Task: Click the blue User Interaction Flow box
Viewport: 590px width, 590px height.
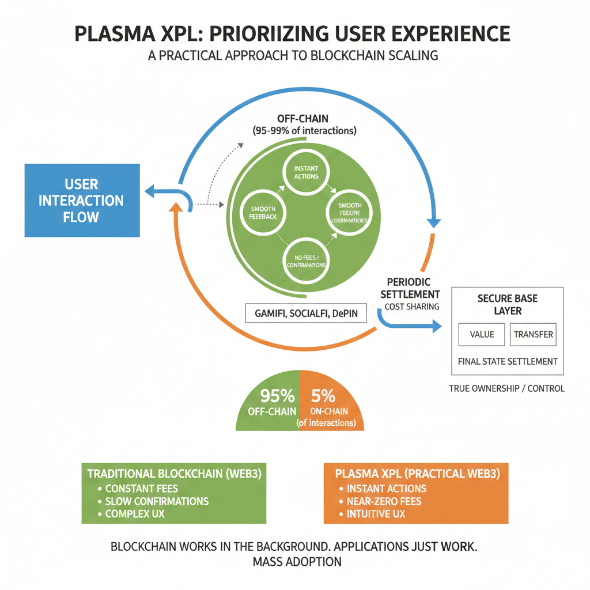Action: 82,201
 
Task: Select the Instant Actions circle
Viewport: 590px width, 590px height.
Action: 305,172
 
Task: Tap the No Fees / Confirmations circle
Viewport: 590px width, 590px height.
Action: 306,260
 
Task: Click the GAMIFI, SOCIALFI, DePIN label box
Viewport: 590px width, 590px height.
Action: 305,314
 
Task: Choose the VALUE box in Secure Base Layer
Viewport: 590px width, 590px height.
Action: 482,334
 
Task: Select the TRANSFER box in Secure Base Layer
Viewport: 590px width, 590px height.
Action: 533,334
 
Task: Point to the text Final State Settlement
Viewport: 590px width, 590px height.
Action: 507,362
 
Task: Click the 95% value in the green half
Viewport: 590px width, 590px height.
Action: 277,396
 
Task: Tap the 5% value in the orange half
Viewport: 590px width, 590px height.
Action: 323,396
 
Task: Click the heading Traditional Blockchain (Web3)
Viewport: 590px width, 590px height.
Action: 173,474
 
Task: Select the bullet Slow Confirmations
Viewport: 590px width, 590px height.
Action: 156,501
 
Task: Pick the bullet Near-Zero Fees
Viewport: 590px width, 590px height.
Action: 384,501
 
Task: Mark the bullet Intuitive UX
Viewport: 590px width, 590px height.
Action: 376,513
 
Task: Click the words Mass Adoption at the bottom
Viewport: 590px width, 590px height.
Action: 297,561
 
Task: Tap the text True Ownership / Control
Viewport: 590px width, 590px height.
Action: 506,388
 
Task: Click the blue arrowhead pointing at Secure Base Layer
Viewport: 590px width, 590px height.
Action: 435,326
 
